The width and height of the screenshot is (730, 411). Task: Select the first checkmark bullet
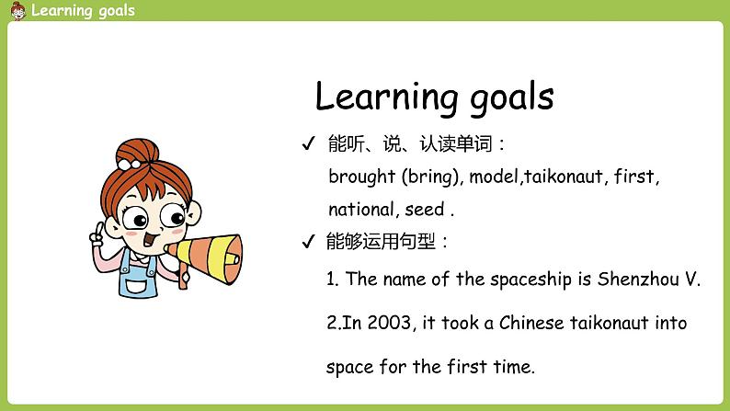coord(308,145)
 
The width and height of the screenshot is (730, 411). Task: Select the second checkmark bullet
coord(308,243)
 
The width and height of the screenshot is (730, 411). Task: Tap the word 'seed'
coord(424,209)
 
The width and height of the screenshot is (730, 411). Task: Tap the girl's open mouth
coord(149,238)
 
